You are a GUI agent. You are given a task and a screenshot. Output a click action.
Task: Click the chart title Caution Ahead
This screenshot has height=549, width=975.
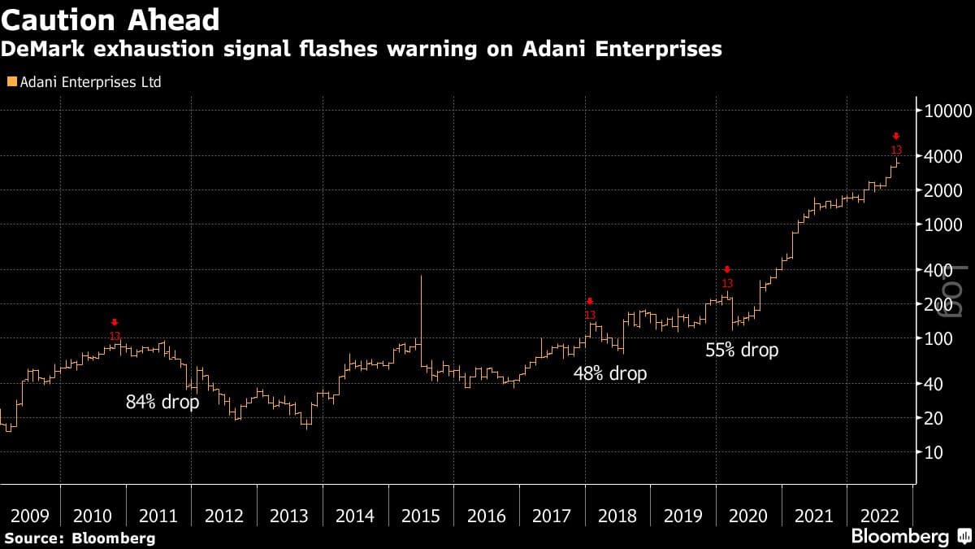[x=110, y=19]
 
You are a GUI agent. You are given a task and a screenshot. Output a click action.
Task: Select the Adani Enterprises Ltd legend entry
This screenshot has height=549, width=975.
[x=83, y=82]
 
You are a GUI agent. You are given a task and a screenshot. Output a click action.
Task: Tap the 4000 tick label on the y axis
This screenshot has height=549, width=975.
[x=946, y=156]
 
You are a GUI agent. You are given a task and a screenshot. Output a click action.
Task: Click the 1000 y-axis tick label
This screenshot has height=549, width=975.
[x=946, y=225]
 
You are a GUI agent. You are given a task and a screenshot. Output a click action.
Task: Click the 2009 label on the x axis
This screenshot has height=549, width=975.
[x=31, y=516]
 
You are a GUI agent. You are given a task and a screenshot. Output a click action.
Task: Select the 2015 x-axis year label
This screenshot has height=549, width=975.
[x=421, y=516]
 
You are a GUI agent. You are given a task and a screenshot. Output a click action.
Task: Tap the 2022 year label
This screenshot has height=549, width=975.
[x=879, y=516]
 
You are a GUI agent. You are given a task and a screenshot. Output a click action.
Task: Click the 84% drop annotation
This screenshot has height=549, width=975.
[x=162, y=402]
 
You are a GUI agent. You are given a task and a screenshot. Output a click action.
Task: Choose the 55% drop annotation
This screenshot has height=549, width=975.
[x=742, y=351]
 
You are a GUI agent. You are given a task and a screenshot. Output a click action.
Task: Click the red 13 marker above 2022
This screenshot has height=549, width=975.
[x=896, y=150]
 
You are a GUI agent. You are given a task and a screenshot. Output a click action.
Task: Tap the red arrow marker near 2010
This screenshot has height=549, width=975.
[x=115, y=323]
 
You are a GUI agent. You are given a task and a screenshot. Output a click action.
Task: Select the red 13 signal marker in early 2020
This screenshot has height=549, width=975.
[x=727, y=283]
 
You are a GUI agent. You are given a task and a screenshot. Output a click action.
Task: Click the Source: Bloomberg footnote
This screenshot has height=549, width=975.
[x=79, y=538]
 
